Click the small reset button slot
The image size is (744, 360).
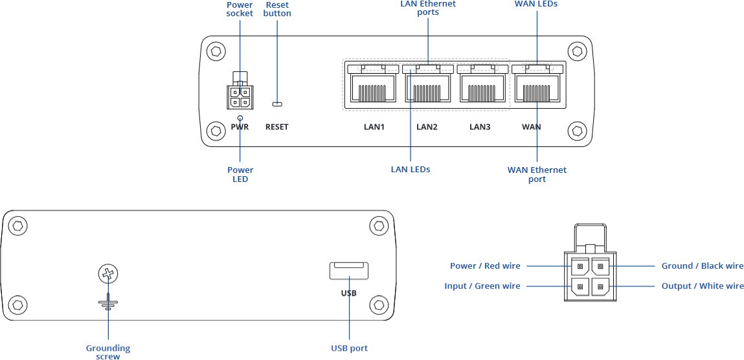tap(277, 104)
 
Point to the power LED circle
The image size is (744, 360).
tap(240, 118)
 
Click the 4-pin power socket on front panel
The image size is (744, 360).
tap(240, 96)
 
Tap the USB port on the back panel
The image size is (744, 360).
tap(349, 271)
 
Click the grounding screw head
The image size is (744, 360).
tap(108, 275)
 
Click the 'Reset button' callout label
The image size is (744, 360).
tap(278, 9)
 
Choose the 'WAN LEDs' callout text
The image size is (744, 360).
tap(536, 4)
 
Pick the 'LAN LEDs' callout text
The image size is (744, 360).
tap(411, 170)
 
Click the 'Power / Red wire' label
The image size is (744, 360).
tap(485, 266)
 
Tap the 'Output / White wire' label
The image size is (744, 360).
tap(703, 286)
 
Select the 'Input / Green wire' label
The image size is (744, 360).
tap(482, 286)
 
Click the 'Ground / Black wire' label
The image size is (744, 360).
tap(703, 266)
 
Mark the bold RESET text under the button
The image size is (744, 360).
tap(277, 127)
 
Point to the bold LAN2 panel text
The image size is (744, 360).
tap(427, 127)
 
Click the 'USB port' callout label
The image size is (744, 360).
tap(349, 348)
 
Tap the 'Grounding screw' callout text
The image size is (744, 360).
tap(108, 352)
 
